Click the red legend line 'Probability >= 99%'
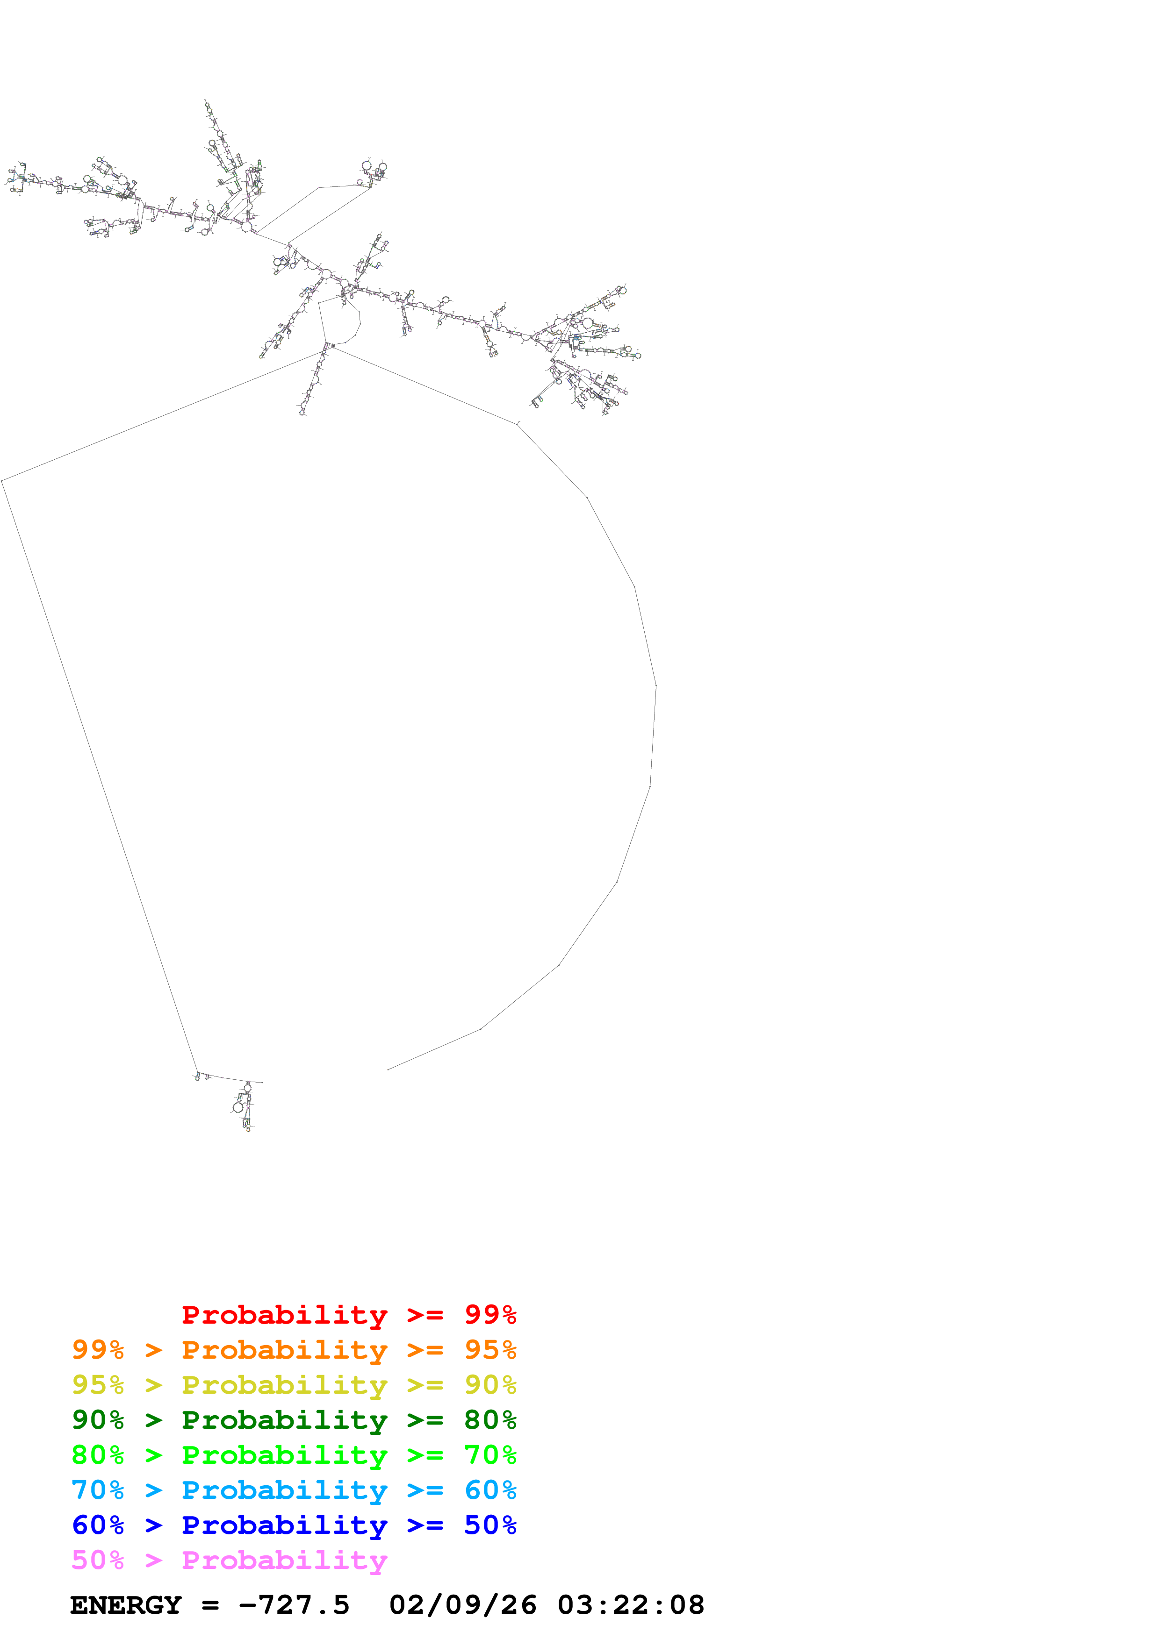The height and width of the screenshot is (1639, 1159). [348, 1315]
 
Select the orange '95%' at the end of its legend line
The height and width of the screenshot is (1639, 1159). [490, 1350]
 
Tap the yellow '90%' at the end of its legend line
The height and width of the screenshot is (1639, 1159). [490, 1385]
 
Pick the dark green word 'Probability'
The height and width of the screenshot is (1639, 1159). [284, 1420]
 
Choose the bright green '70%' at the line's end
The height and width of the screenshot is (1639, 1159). [490, 1455]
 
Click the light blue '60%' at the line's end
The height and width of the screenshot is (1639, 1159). [490, 1490]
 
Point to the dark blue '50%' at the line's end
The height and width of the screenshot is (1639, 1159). [490, 1525]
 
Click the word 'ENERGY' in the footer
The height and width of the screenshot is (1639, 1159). [126, 1605]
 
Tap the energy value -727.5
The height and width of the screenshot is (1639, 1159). [294, 1605]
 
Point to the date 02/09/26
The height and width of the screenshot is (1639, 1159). [463, 1605]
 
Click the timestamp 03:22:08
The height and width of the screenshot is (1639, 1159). [631, 1605]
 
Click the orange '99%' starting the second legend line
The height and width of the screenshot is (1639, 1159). [98, 1350]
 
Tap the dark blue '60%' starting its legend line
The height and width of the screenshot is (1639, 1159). [98, 1525]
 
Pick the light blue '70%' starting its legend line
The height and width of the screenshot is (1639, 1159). [98, 1490]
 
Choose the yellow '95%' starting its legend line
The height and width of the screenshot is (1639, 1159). [98, 1385]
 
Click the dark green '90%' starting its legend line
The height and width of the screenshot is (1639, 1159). [98, 1420]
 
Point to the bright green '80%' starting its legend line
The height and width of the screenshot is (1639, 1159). [98, 1455]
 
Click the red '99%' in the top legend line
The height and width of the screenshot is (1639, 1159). [490, 1315]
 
